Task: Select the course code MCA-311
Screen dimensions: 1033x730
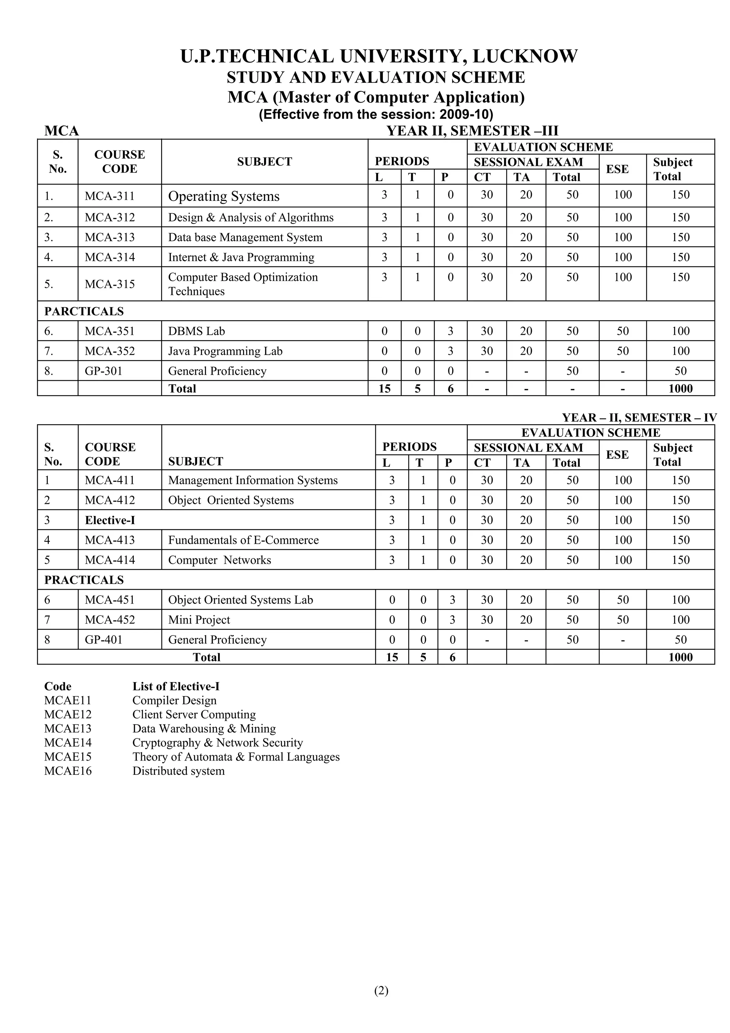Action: click(x=110, y=196)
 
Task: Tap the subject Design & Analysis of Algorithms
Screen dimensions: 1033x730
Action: click(x=251, y=218)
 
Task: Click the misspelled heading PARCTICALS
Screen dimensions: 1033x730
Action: click(x=84, y=311)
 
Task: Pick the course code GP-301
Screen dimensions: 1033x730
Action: click(x=103, y=371)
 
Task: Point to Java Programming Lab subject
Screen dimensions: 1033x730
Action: click(x=225, y=351)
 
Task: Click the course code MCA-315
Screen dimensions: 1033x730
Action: click(x=110, y=284)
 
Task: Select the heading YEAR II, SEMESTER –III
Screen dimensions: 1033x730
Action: click(x=472, y=131)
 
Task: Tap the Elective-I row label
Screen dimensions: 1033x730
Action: click(x=110, y=521)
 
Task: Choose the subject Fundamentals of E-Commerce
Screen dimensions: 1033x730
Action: click(x=243, y=540)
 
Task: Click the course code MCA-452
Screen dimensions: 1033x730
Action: click(x=110, y=620)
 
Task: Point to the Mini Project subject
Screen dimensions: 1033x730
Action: click(x=199, y=620)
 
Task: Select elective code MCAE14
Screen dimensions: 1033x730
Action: click(x=68, y=743)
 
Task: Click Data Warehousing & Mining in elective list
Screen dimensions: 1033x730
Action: click(x=204, y=729)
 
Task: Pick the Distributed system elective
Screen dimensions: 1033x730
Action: click(x=178, y=771)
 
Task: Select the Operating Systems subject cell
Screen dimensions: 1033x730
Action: click(x=223, y=196)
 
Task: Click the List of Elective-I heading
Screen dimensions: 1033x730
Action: click(x=176, y=686)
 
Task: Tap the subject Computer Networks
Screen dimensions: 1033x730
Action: click(x=220, y=560)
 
